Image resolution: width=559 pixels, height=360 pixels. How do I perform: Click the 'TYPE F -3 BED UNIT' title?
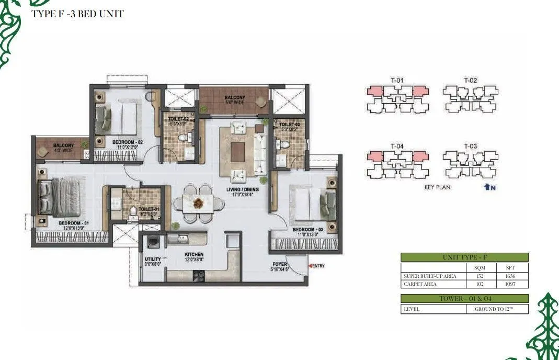click(x=78, y=14)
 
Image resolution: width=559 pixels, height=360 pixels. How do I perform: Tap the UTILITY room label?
click(x=153, y=259)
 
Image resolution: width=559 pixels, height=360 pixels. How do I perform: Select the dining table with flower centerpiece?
click(x=198, y=203)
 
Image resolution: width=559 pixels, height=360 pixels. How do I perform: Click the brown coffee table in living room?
click(x=237, y=152)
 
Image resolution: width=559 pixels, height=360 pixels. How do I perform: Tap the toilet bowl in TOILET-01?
click(x=133, y=211)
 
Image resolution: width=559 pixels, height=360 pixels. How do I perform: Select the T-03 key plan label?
click(x=470, y=146)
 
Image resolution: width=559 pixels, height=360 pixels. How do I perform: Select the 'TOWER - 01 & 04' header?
click(x=464, y=299)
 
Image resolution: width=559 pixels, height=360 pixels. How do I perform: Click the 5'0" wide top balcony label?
click(x=235, y=100)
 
